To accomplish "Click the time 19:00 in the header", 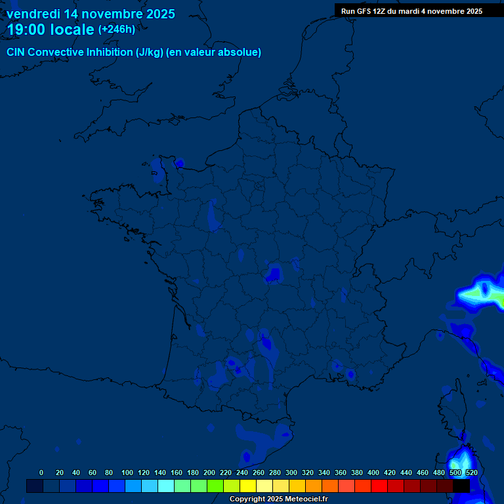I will pos(27,30).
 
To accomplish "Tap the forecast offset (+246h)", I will pos(117,30).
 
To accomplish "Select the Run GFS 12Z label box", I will pos(411,10).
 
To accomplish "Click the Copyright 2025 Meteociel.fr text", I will pos(278,499).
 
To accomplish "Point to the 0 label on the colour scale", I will pos(41,472).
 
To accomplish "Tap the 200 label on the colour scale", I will pos(209,472).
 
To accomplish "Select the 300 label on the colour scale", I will pos(291,472).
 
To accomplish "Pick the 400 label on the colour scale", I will pos(373,472).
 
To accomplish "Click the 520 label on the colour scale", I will pos(471,472).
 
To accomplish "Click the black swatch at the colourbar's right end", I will pos(461,486).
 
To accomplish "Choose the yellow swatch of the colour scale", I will pos(248,486).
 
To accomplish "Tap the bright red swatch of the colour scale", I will pos(379,486).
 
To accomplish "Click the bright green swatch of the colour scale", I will pos(215,486).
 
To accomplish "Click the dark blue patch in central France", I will pos(273,273).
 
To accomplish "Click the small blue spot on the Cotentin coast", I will pos(178,163).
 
